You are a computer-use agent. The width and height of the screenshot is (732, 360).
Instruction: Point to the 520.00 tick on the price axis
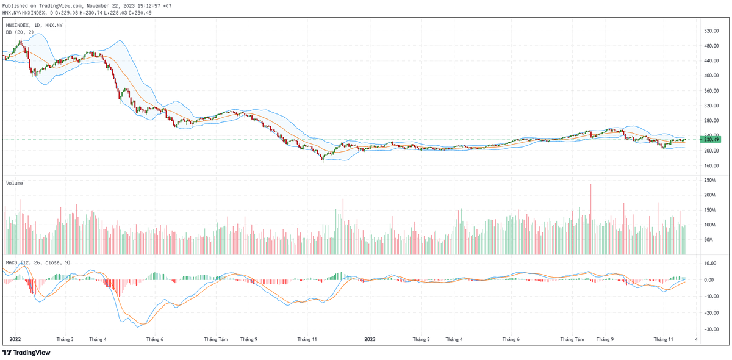[x=709, y=31]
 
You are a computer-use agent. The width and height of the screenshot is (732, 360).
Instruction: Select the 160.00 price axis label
[x=709, y=165]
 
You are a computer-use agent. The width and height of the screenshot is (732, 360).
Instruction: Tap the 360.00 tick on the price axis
[x=709, y=91]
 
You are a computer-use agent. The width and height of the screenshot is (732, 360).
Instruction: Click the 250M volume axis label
[x=709, y=181]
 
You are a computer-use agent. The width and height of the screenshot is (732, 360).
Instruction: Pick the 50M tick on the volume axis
[x=708, y=240]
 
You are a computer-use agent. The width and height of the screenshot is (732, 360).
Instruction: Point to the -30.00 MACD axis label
[x=709, y=329]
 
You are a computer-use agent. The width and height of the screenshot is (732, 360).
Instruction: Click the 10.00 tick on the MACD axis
[x=709, y=264]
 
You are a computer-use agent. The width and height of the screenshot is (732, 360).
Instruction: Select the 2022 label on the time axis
[x=15, y=339]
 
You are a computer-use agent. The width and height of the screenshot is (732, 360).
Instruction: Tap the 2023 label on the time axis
[x=370, y=339]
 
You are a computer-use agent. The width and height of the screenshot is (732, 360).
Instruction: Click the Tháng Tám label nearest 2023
[x=572, y=339]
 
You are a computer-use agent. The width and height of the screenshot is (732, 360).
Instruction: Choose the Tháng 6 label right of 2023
[x=510, y=339]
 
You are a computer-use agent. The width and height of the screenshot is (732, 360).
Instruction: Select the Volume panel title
[x=15, y=183]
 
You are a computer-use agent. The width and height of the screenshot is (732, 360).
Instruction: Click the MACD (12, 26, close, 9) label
[x=38, y=262]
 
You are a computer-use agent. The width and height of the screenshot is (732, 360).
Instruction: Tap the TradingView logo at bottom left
[x=27, y=352]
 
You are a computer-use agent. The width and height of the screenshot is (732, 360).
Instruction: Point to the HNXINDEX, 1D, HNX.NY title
[x=34, y=25]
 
